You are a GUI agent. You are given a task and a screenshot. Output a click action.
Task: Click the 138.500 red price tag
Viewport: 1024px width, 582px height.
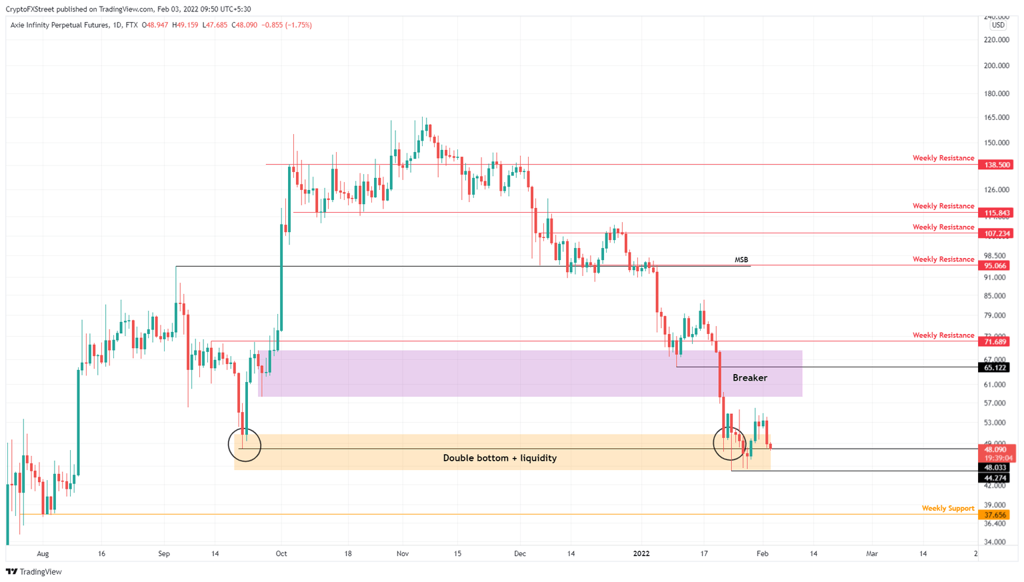coord(995,165)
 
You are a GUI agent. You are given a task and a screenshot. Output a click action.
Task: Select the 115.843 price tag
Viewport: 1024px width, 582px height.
coord(995,213)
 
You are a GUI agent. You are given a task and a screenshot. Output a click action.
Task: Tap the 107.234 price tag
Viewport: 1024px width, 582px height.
coord(995,233)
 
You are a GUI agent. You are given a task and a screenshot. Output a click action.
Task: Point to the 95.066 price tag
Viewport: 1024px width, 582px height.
coord(995,265)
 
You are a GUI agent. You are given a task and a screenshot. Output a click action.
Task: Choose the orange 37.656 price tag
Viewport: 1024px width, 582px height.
coord(995,515)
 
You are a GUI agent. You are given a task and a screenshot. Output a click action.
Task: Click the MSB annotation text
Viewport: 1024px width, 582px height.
coord(741,260)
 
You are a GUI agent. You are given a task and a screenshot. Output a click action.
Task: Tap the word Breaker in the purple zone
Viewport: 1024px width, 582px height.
coord(749,378)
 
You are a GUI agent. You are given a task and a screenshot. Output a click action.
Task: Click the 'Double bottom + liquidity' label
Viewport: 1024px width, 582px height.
coord(499,458)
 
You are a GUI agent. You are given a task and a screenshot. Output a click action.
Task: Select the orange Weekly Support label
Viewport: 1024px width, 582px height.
coord(947,508)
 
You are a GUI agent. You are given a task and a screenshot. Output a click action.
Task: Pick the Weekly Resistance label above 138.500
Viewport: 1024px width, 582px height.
coord(943,158)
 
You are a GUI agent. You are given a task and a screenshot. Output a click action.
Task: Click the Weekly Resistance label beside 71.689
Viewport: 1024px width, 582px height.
coord(943,335)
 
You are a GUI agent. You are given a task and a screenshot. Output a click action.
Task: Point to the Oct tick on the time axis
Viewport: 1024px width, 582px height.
coord(281,553)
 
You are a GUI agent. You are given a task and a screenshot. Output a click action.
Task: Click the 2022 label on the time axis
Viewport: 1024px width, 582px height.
coord(641,553)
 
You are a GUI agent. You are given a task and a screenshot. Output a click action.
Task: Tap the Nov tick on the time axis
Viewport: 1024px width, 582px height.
coord(403,553)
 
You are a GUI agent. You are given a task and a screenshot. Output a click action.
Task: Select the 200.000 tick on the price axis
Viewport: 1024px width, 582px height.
coord(996,66)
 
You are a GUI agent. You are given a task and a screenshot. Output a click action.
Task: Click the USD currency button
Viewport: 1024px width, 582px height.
coord(998,25)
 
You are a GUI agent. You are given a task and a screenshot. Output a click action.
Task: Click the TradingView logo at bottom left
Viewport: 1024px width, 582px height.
coord(34,571)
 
